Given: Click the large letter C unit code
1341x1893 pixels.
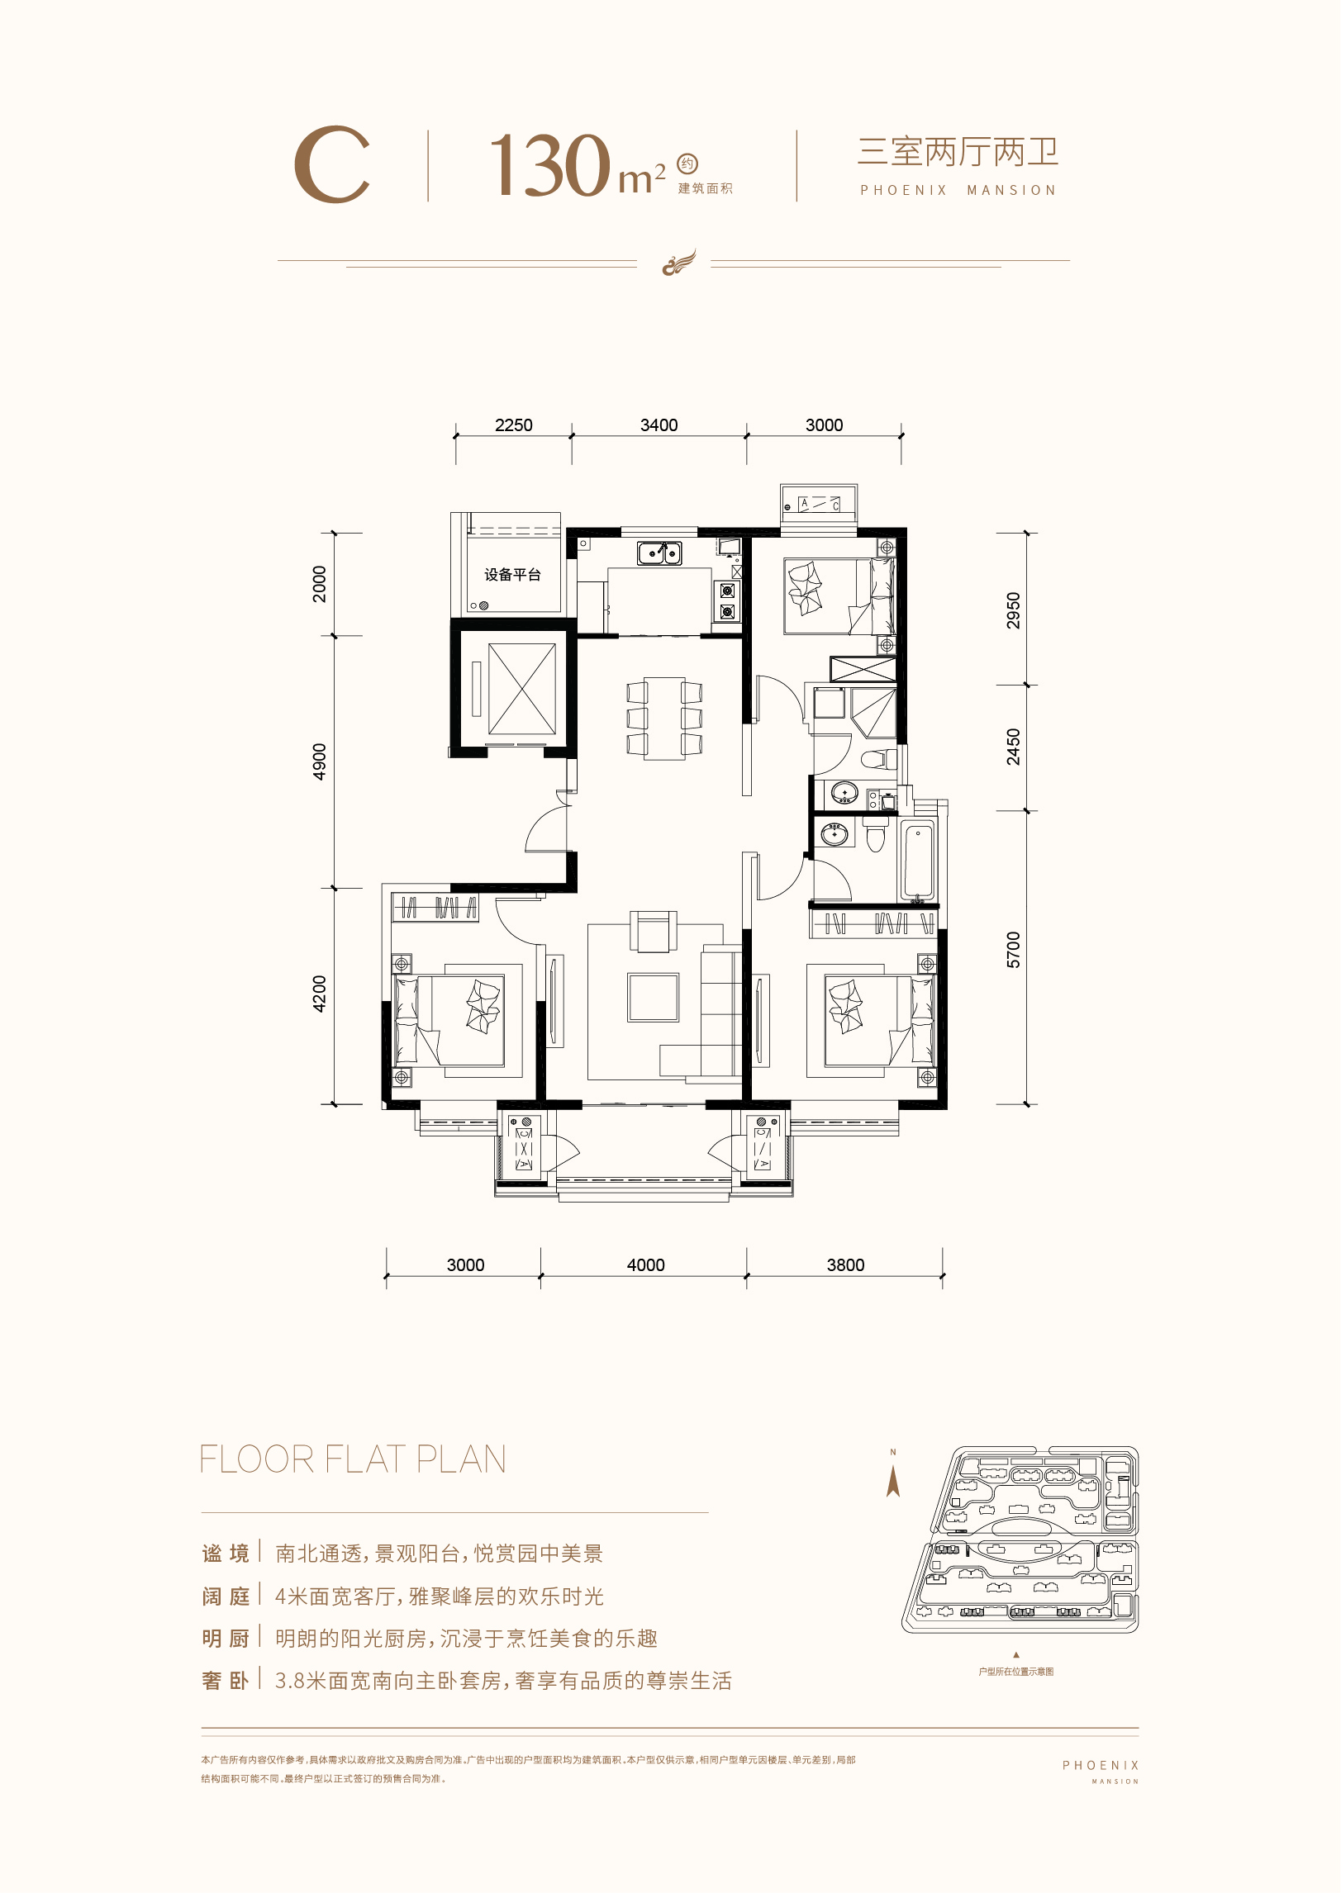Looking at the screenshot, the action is point(332,165).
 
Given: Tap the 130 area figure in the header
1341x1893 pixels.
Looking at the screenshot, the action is point(549,165).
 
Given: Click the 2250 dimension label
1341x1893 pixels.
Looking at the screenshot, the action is point(513,425).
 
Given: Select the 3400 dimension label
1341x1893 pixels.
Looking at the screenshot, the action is point(659,425).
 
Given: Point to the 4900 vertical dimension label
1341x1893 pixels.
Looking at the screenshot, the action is point(320,761).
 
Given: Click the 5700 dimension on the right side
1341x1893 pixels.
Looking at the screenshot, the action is point(1014,950).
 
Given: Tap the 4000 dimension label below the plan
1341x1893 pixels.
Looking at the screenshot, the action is point(645,1265).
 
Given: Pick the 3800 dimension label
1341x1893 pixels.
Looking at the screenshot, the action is point(845,1265).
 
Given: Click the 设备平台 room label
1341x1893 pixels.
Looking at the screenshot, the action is point(512,575).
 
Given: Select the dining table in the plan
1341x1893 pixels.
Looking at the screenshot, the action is point(664,718).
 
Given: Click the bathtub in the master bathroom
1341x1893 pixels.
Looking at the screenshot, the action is point(918,861).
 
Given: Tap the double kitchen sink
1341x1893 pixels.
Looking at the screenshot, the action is point(659,553).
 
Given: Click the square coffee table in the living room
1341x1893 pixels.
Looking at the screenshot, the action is point(653,998).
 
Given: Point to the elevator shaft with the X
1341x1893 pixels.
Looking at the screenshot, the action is point(522,689).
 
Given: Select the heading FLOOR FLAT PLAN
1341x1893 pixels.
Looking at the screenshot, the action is point(354,1459).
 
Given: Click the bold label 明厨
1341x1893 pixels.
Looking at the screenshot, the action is point(226,1639).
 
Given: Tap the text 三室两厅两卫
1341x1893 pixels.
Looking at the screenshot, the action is point(958,152).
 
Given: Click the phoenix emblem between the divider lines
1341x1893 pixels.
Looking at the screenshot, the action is point(679,263).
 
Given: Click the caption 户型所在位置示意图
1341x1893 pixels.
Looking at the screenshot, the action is point(1016,1672).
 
